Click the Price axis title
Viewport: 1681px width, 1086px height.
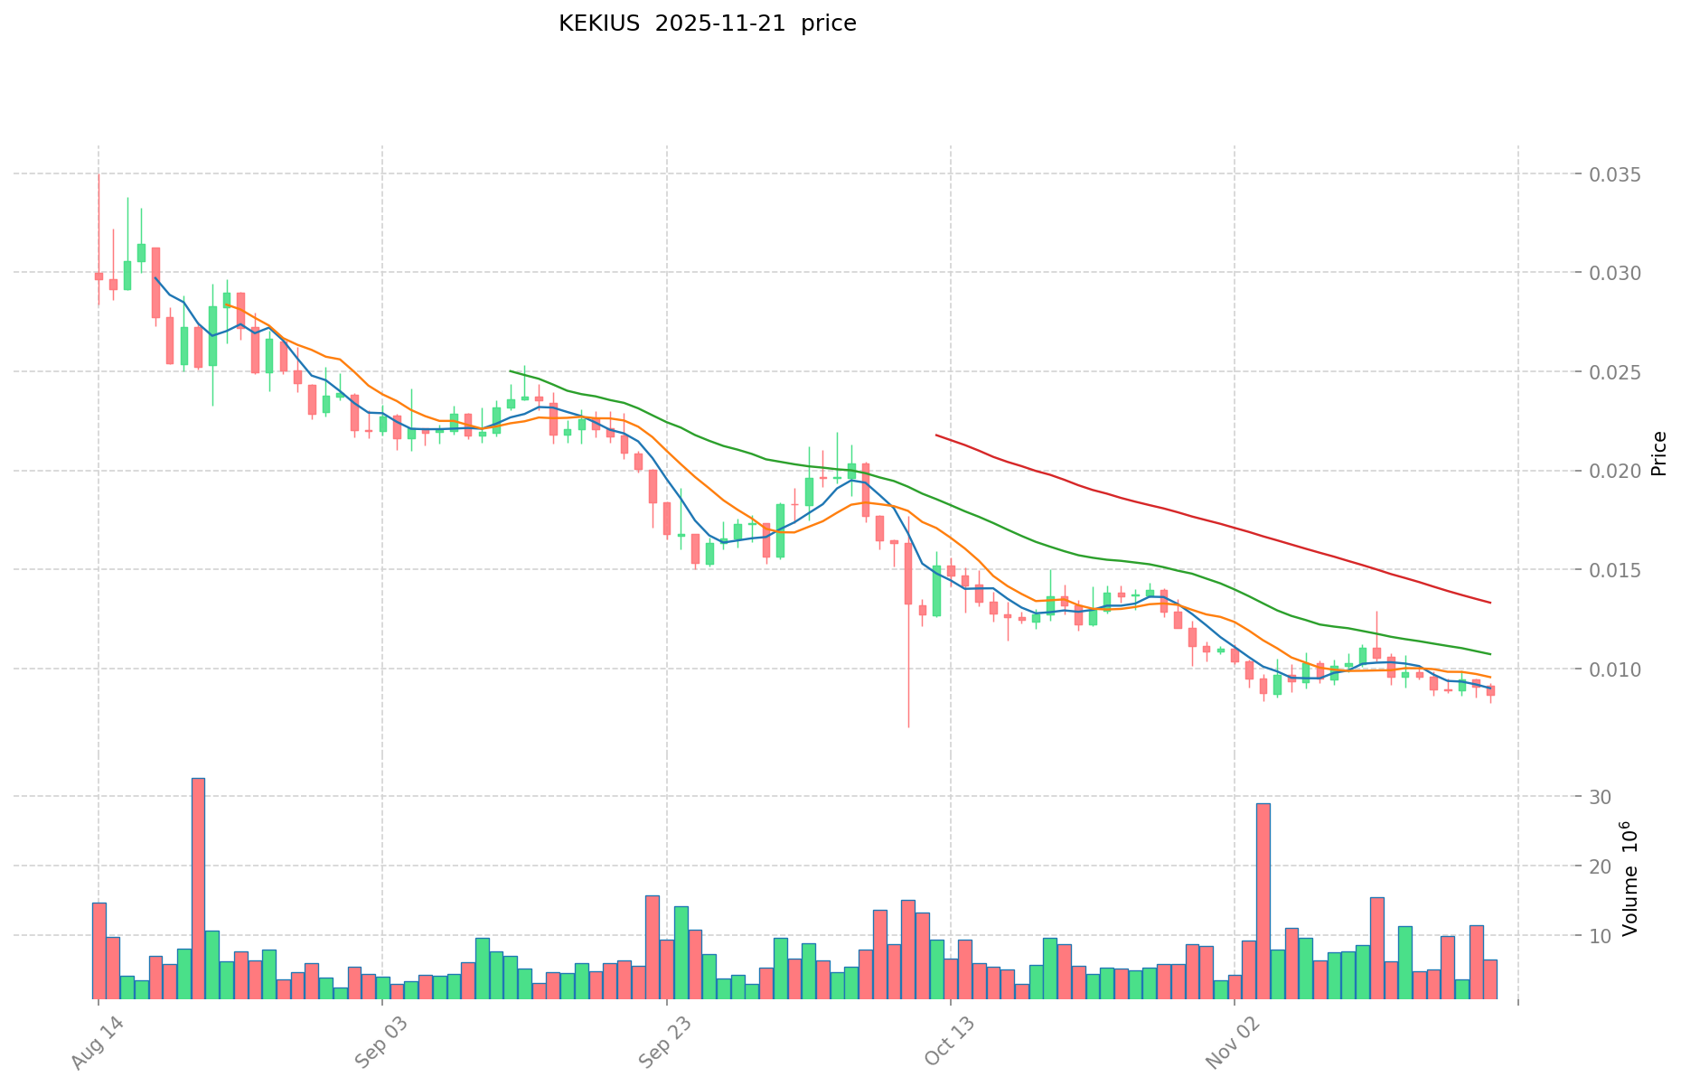(1658, 454)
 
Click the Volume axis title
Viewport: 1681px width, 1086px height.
(1629, 878)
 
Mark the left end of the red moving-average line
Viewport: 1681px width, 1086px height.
(936, 435)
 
